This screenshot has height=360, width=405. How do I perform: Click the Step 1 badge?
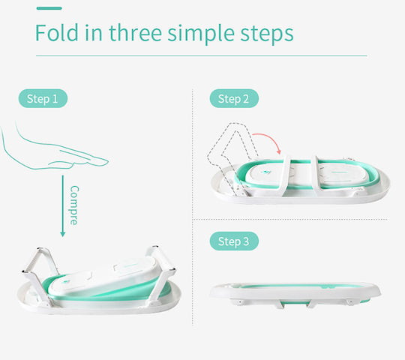click(43, 98)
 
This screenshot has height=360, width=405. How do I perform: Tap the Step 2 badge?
click(234, 98)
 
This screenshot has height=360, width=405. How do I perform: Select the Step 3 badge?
click(234, 241)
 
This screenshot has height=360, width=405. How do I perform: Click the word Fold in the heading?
click(57, 32)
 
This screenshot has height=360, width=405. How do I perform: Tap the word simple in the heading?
click(201, 34)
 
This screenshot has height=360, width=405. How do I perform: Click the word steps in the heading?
click(267, 34)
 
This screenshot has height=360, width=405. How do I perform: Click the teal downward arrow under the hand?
click(62, 205)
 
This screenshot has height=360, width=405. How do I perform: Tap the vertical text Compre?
click(74, 205)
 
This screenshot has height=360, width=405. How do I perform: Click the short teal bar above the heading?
click(49, 8)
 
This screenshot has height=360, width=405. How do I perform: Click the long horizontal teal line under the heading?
click(202, 55)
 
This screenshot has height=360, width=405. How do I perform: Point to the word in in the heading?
click(93, 32)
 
